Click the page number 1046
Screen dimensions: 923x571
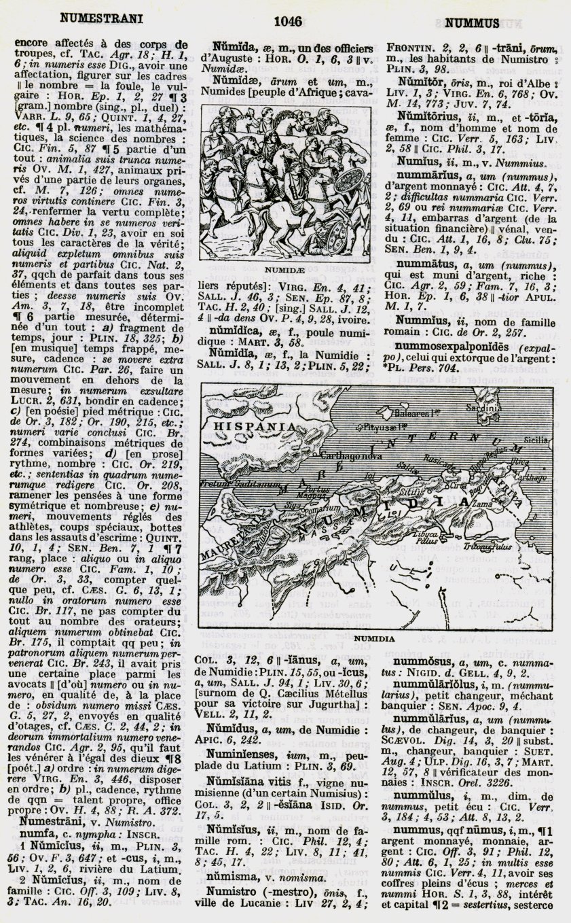[x=287, y=22]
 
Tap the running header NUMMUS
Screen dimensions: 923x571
[x=473, y=22]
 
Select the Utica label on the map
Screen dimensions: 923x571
[x=519, y=461]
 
